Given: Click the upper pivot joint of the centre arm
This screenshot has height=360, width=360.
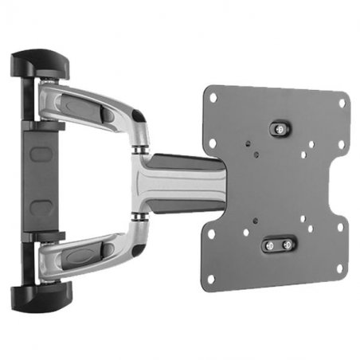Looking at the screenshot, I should [141, 148].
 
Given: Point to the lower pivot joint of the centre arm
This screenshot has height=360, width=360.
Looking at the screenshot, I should [141, 213].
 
